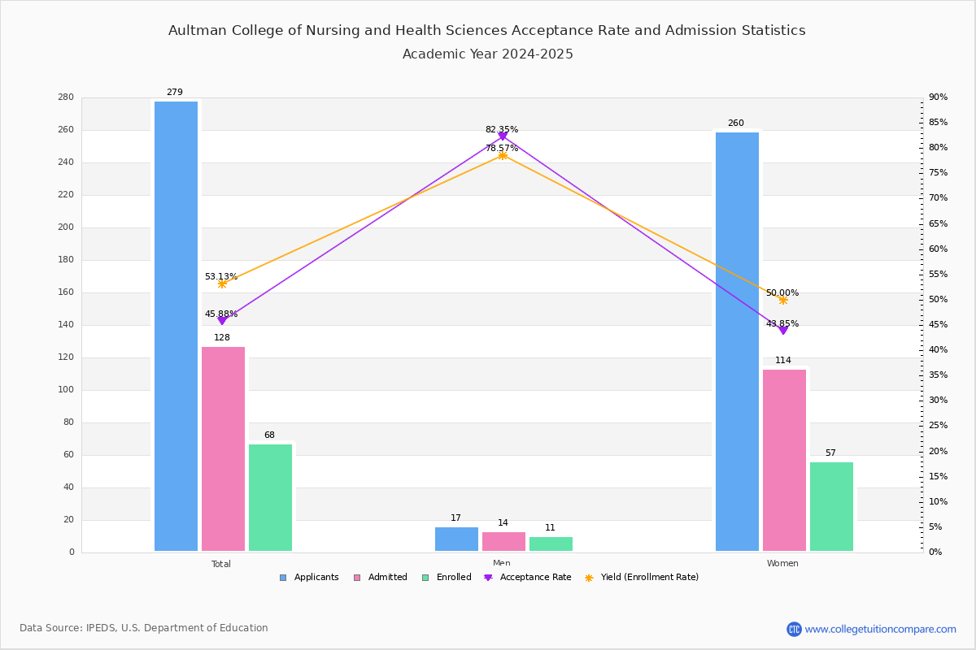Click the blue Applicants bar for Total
[176, 326]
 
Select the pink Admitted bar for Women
[784, 460]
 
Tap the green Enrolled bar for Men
[551, 544]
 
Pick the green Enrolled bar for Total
[270, 497]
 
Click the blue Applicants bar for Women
[737, 342]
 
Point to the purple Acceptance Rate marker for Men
[503, 136]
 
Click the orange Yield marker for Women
[783, 301]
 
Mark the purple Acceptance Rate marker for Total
[222, 321]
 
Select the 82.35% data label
[502, 129]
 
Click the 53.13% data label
[221, 276]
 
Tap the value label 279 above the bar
[175, 92]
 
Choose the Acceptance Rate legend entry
[528, 578]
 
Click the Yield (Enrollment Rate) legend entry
[642, 578]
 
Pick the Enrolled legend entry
[447, 578]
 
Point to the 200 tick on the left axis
[66, 227]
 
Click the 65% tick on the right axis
[938, 223]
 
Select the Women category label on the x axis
[782, 563]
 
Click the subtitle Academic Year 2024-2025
[487, 54]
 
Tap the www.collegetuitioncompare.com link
[880, 629]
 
